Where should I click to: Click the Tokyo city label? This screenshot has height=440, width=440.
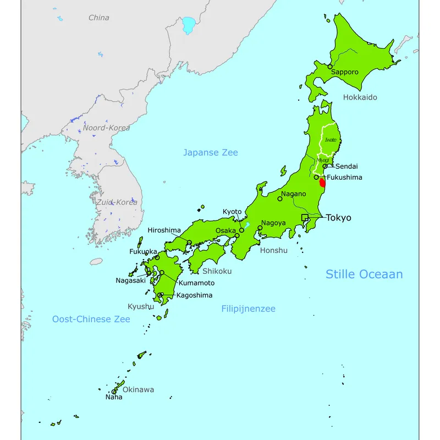click(338, 218)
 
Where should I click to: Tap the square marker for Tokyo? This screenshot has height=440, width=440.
click(305, 218)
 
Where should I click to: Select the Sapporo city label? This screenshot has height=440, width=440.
click(344, 72)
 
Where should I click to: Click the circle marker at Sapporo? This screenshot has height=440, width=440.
click(330, 67)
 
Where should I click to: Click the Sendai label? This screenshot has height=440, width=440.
click(346, 166)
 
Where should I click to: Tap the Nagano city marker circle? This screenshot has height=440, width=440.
click(280, 199)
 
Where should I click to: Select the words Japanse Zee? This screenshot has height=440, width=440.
click(211, 152)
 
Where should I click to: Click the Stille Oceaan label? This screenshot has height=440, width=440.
click(364, 274)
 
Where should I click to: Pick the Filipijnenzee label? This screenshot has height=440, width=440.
click(248, 309)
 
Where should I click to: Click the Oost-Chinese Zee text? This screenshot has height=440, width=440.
click(91, 319)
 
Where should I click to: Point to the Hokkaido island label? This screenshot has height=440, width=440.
click(360, 97)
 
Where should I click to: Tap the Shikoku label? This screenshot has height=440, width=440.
click(217, 271)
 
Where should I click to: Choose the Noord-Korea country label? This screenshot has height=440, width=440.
click(106, 128)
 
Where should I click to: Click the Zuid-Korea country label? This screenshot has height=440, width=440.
click(117, 202)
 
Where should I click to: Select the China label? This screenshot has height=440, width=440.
click(99, 18)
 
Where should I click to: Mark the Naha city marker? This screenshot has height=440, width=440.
click(114, 392)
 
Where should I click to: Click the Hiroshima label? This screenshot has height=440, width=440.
click(164, 230)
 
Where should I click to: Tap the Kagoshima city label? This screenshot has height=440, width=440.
click(194, 295)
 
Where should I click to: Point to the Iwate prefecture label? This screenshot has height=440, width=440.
click(330, 140)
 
